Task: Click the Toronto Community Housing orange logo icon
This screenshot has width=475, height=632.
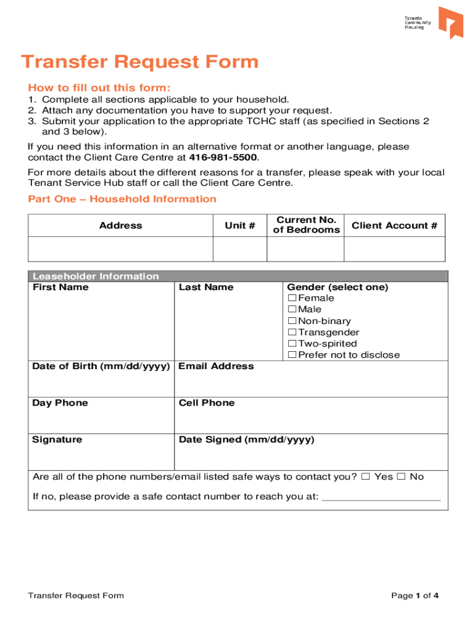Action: pyautogui.click(x=450, y=22)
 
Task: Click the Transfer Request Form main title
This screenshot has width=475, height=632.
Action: pyautogui.click(x=139, y=62)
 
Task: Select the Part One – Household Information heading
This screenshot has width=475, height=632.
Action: pyautogui.click(x=122, y=199)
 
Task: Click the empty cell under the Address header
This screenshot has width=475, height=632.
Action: pyautogui.click(x=120, y=249)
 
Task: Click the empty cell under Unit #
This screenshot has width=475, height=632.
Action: pyautogui.click(x=239, y=249)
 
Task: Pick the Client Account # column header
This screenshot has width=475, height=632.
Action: pyautogui.click(x=394, y=225)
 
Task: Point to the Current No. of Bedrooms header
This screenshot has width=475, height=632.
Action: pyautogui.click(x=305, y=225)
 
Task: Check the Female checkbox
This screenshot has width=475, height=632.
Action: pyautogui.click(x=292, y=299)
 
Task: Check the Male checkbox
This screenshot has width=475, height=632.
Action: pyautogui.click(x=292, y=310)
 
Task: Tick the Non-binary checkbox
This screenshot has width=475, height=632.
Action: pyautogui.click(x=292, y=321)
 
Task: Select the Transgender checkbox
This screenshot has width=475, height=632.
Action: pyautogui.click(x=292, y=333)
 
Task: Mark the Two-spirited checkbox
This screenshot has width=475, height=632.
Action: pyautogui.click(x=292, y=344)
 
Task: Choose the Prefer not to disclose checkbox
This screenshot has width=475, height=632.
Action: pyautogui.click(x=292, y=355)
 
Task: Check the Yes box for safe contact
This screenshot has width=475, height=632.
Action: pyautogui.click(x=366, y=476)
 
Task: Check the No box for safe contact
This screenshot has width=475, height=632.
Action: pyautogui.click(x=401, y=476)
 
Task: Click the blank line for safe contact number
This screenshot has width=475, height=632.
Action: pyautogui.click(x=381, y=497)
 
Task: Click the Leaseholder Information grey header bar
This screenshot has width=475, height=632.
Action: pyautogui.click(x=238, y=276)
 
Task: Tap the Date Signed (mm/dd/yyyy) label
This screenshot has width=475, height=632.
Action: pyautogui.click(x=246, y=439)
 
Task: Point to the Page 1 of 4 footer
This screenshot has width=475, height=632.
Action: pyautogui.click(x=415, y=596)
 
